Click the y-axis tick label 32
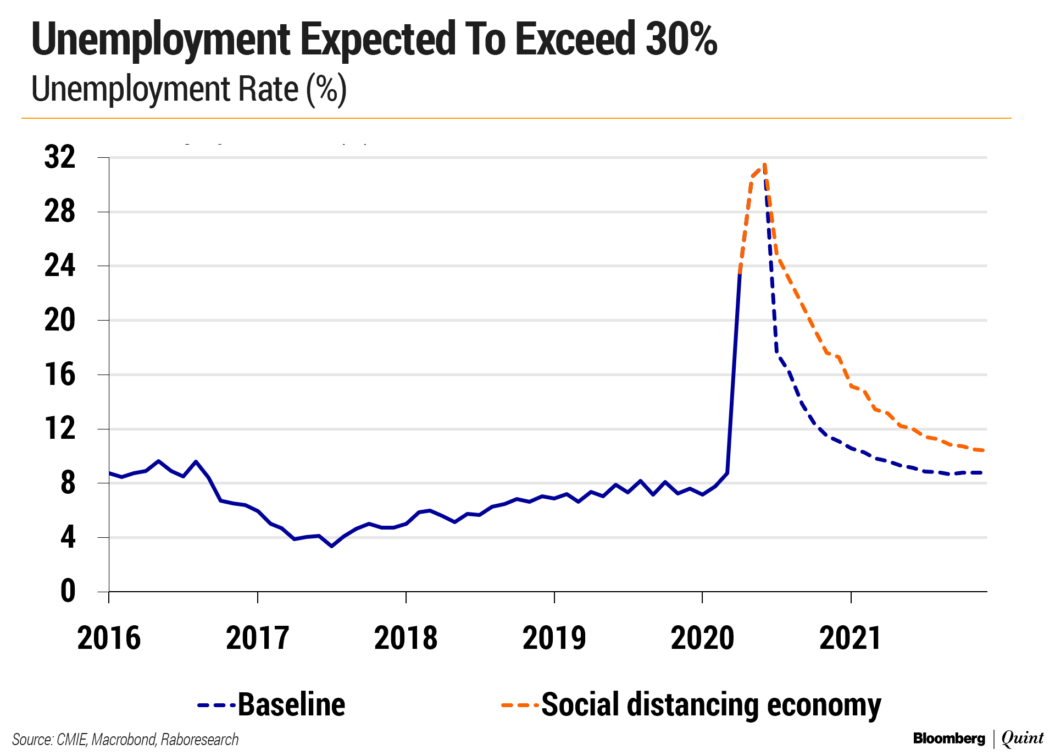coord(59,157)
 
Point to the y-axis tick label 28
coord(59,212)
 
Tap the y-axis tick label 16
coord(59,374)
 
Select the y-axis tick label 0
coord(68,592)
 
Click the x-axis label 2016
coord(109,638)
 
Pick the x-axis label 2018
coord(406,638)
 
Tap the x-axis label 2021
coord(850,638)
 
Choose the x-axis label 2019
coord(554,638)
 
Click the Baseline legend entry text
coord(291,704)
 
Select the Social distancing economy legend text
coord(711,704)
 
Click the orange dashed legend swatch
coord(519,705)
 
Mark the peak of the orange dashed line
coord(764,164)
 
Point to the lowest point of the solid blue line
coord(331,546)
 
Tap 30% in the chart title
coord(681,40)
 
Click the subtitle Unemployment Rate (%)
coord(188,89)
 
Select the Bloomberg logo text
coord(949,739)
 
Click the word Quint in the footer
coord(1022,739)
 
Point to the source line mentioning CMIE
coord(125,740)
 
